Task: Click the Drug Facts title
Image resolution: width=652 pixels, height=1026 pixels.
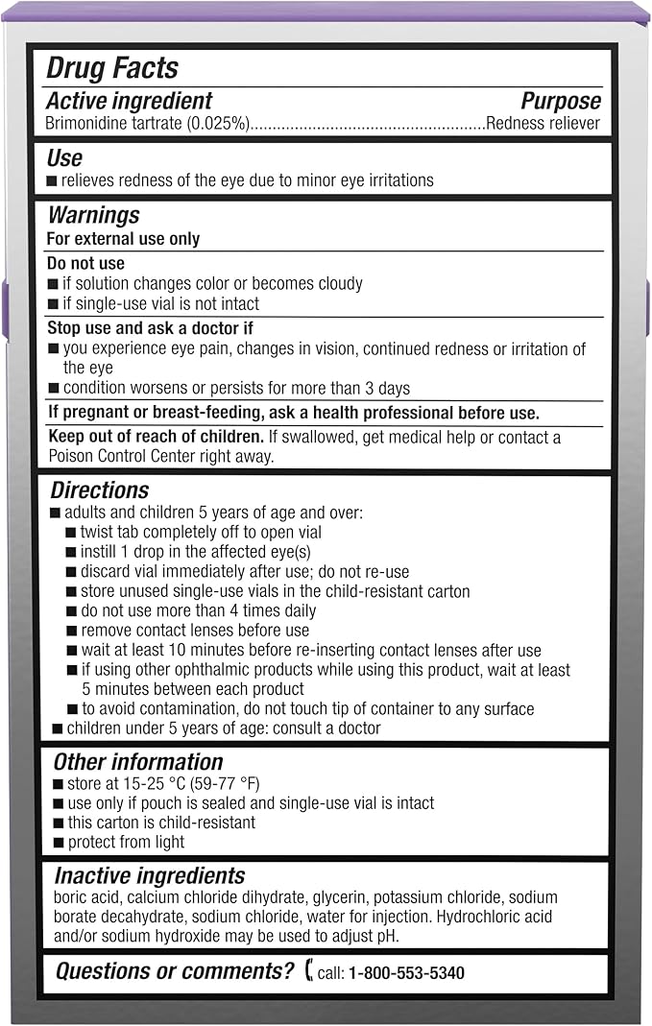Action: (112, 68)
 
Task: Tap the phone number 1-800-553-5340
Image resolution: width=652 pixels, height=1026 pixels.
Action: (406, 973)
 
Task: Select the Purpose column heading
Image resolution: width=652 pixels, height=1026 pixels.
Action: (561, 102)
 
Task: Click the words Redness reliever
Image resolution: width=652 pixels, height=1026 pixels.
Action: (543, 123)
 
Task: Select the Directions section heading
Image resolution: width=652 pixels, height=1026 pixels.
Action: (100, 491)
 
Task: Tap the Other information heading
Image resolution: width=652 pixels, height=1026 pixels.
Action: (137, 762)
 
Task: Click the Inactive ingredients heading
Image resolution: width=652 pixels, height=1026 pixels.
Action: (149, 876)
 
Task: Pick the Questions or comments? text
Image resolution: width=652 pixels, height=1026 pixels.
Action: (175, 971)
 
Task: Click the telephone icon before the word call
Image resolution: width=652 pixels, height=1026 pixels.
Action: (308, 972)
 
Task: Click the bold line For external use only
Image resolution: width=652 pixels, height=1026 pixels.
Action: (123, 238)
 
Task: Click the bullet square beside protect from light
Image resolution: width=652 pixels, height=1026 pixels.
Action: (59, 843)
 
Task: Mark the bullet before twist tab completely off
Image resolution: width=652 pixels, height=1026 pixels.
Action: (72, 533)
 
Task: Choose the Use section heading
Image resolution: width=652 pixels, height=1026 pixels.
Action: (64, 158)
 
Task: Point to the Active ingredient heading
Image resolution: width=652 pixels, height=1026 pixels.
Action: (130, 102)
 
